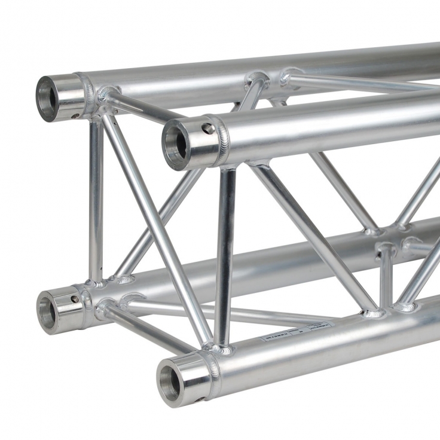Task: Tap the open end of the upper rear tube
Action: [x=46, y=97]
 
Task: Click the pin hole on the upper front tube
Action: [x=207, y=129]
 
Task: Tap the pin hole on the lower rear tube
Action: [x=75, y=299]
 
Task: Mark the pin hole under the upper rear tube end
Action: [x=76, y=116]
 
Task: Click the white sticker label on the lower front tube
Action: [x=297, y=333]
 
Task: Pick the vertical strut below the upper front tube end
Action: [x=225, y=257]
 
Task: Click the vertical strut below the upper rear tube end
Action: [x=96, y=197]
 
